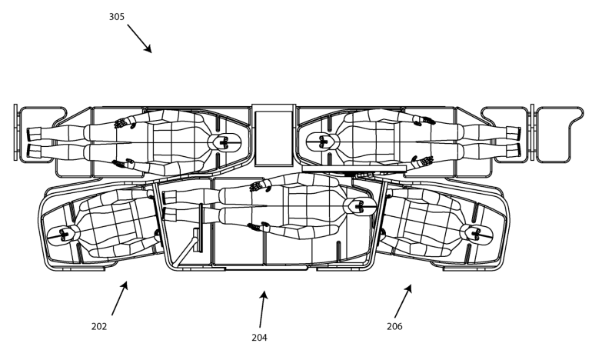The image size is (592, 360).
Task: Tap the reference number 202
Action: pyautogui.click(x=99, y=326)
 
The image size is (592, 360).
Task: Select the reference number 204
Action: pyautogui.click(x=259, y=336)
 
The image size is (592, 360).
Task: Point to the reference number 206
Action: pyautogui.click(x=394, y=326)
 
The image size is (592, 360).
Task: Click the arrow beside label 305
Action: pyautogui.click(x=139, y=37)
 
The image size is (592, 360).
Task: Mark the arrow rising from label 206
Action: pyautogui.click(x=403, y=301)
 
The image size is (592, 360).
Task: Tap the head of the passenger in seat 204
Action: pyautogui.click(x=357, y=206)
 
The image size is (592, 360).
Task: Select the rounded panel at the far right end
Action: pyautogui.click(x=557, y=134)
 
